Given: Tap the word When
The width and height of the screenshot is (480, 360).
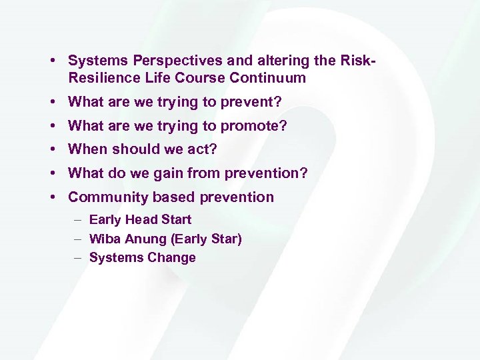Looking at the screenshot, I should (88, 149).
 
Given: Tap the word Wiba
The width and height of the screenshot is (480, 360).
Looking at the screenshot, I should (103, 239).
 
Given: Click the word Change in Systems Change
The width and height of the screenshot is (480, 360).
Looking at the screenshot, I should (173, 258).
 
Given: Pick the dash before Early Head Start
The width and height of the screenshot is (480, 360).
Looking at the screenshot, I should (78, 220).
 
